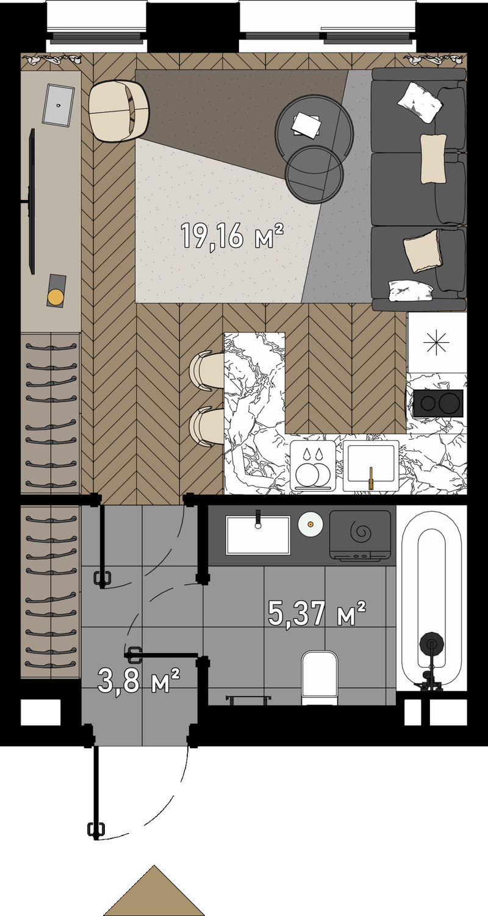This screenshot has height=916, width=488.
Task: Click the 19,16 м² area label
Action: coord(232,236)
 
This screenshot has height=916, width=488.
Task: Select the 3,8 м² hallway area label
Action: coord(138,680)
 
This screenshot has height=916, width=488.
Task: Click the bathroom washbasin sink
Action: coord(258,535)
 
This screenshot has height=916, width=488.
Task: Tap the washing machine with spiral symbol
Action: coord(360,534)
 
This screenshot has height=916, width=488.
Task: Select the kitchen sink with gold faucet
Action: coord(371,465)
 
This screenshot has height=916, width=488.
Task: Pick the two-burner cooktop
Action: coord(438,403)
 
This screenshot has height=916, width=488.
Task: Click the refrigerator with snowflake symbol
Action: coord(437,343)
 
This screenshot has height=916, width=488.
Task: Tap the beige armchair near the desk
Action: coord(118,110)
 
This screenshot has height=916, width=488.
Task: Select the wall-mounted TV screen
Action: coord(31,201)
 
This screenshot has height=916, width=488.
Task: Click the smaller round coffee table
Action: coord(314,174)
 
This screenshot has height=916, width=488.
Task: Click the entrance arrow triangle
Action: coord(154,890)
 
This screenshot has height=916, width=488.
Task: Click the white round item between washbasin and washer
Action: coord(310,524)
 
